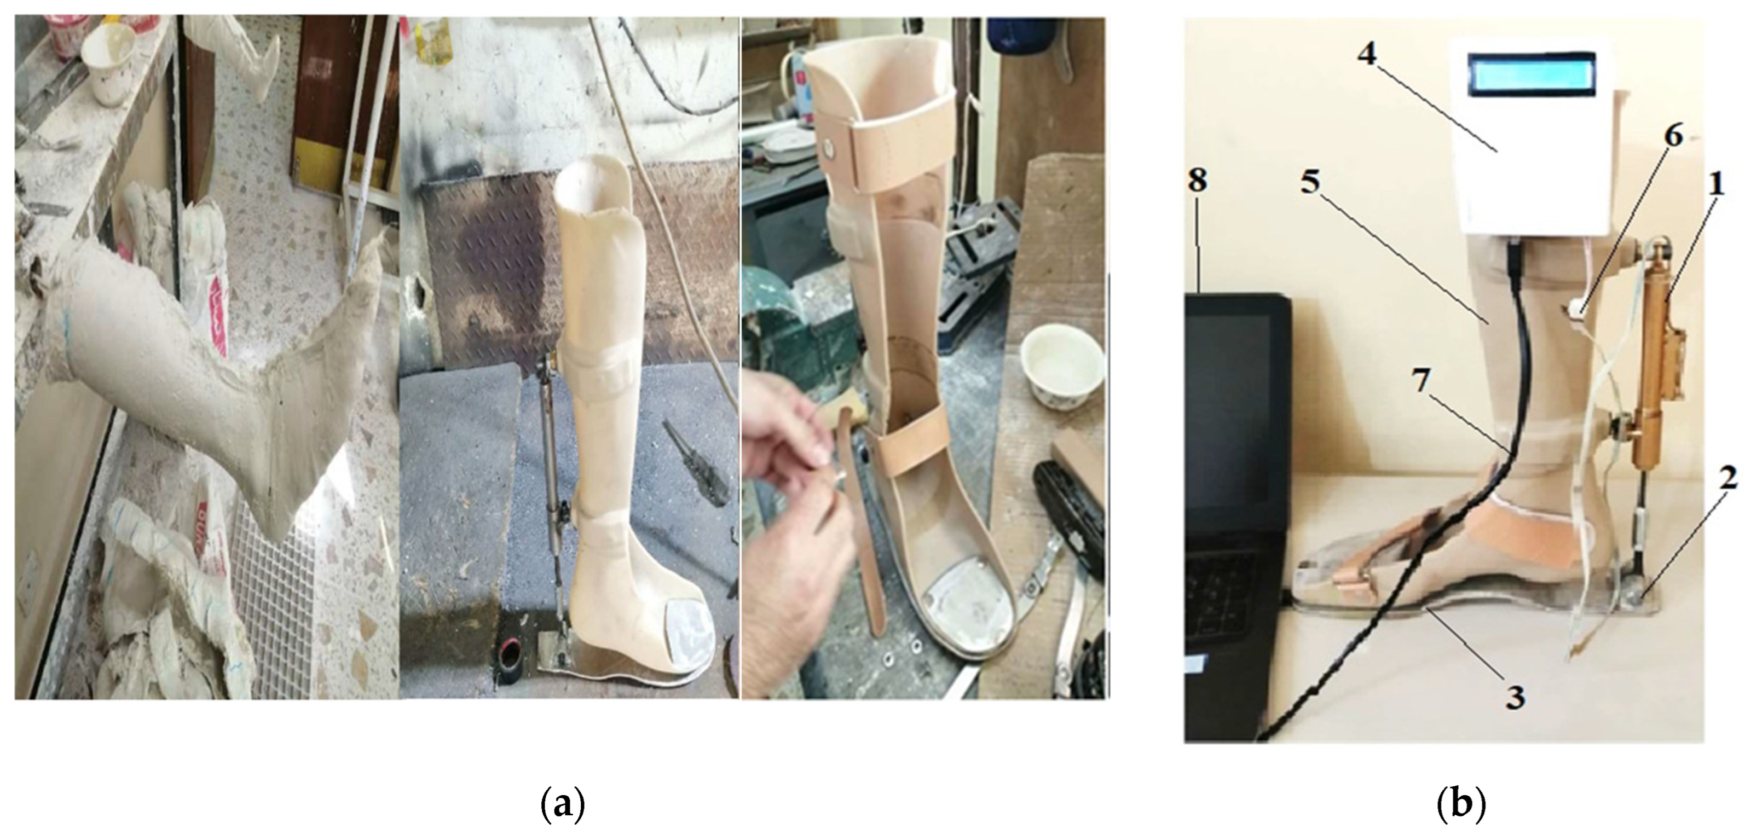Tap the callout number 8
point(1197,180)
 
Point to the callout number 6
point(1673,137)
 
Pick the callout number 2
point(1727,479)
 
